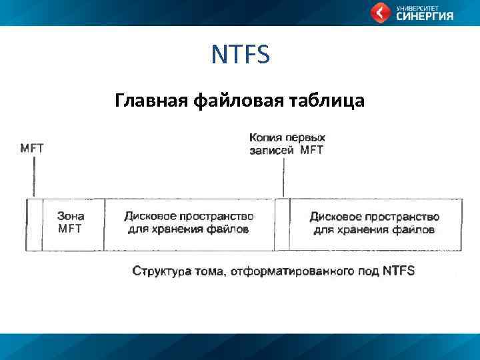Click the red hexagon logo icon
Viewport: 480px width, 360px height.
[380, 13]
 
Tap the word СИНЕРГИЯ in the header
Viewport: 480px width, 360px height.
[425, 17]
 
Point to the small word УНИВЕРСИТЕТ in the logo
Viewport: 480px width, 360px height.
[415, 7]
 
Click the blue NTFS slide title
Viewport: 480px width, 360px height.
[241, 55]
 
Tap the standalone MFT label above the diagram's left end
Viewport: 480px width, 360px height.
[32, 149]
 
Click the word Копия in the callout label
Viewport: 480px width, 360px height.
[265, 137]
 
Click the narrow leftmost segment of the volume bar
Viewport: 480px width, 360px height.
[34, 224]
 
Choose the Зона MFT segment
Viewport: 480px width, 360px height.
[71, 223]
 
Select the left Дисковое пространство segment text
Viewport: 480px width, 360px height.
[189, 223]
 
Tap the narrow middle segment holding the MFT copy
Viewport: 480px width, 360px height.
[283, 224]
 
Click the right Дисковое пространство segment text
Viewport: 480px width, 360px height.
[375, 223]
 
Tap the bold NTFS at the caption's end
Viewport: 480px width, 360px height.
[399, 271]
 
